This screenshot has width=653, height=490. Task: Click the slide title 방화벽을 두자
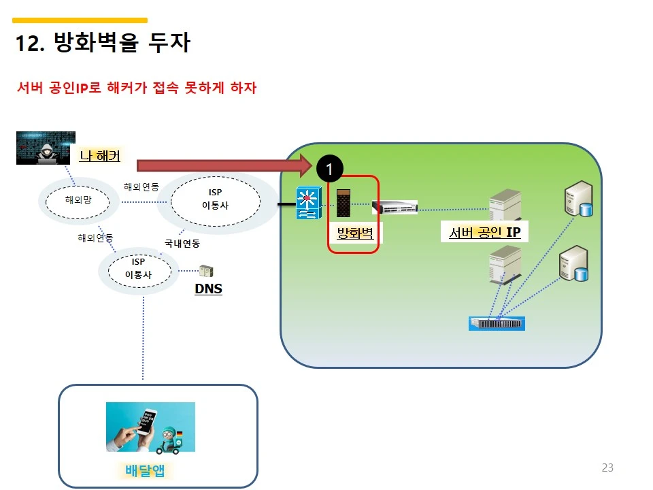[x=103, y=43]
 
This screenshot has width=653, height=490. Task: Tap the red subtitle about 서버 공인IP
[x=136, y=88]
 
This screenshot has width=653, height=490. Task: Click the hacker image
[x=46, y=148]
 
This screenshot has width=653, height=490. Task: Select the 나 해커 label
[x=100, y=157]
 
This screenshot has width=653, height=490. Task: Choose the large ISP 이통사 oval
[x=215, y=199]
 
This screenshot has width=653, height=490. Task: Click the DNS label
[x=208, y=289]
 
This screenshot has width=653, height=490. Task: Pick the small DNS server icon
[x=206, y=271]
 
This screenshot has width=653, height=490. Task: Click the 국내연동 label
[x=182, y=243]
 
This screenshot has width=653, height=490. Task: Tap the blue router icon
[x=307, y=202]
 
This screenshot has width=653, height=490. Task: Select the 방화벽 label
[x=355, y=234]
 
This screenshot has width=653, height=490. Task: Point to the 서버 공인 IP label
[x=484, y=233]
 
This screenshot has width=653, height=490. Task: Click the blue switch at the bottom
[x=497, y=323]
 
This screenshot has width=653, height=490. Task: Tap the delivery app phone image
[x=150, y=427]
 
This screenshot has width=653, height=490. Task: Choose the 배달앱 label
[x=146, y=470]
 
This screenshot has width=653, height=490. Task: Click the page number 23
[x=607, y=468]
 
